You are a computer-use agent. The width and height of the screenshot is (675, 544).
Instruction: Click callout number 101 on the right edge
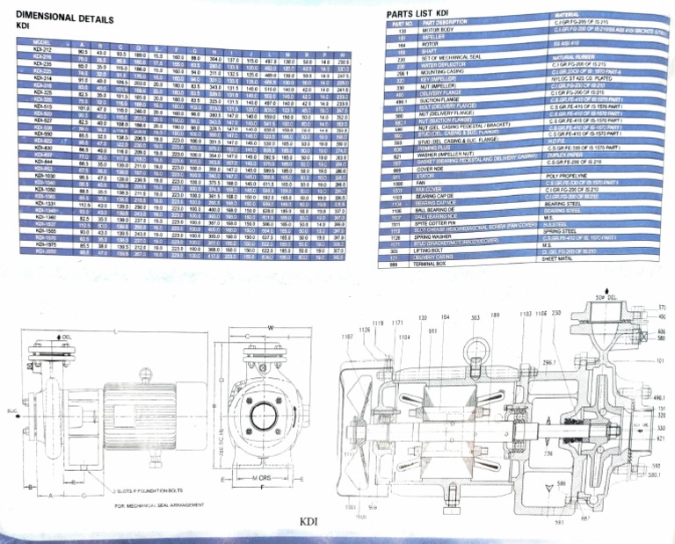coord(659,359)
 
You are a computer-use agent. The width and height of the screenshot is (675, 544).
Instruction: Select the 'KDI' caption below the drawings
coord(308,521)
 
